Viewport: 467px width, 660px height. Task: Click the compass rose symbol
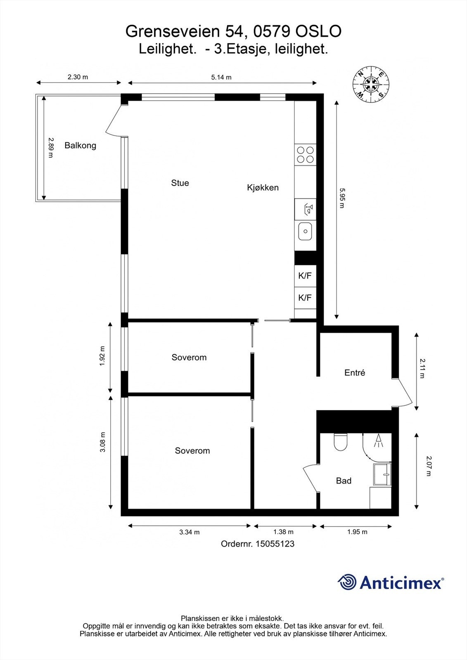(370, 84)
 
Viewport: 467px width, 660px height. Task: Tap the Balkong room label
(80, 145)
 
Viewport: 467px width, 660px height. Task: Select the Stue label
(180, 183)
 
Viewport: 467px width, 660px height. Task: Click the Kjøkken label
(263, 188)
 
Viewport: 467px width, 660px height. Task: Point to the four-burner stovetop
(305, 155)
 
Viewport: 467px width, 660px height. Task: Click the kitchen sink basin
(305, 231)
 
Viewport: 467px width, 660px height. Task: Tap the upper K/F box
(305, 276)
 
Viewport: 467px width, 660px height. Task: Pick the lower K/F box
(305, 297)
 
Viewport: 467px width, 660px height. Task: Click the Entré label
(355, 372)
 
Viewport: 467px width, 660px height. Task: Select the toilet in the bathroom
(341, 443)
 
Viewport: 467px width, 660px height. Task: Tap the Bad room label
(344, 481)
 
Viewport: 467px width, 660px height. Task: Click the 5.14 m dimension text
(221, 77)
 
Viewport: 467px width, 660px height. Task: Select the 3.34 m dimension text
(189, 532)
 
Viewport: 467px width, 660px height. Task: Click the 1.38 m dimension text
(283, 532)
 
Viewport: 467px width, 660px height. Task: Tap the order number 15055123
(275, 544)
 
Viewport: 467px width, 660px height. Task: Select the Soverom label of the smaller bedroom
(189, 357)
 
